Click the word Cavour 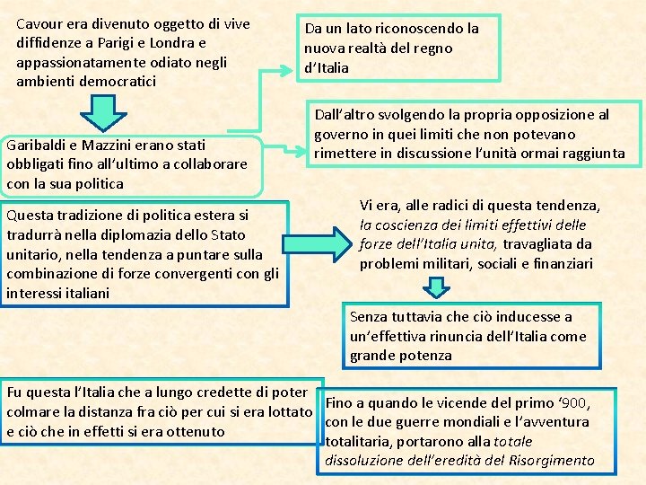[40, 23]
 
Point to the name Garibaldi [37, 145]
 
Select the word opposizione [546, 115]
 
